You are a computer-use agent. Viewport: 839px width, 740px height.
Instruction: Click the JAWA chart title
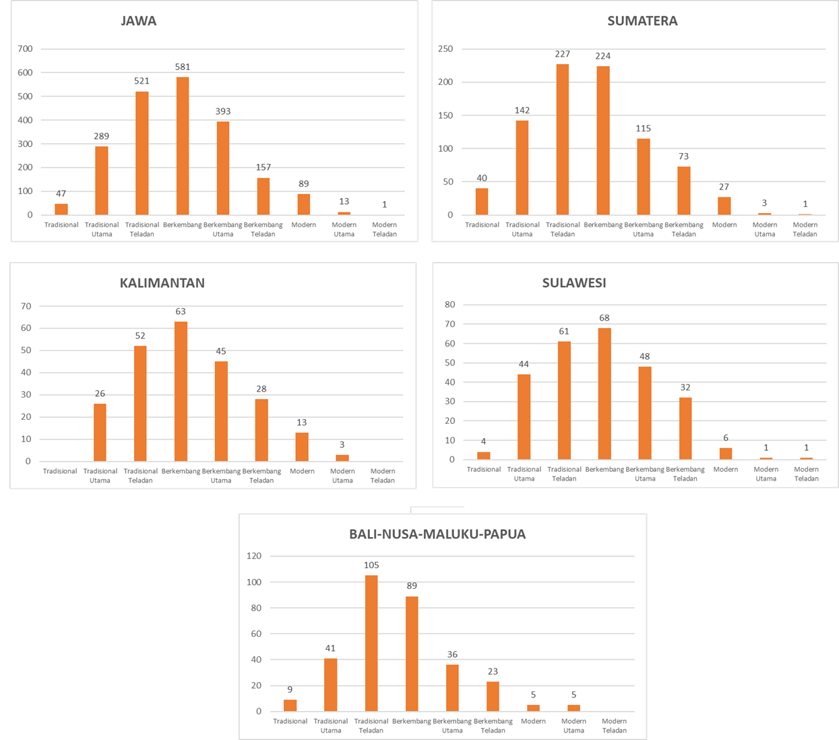(x=138, y=21)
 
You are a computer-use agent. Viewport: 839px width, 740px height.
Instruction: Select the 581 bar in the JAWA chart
(x=183, y=146)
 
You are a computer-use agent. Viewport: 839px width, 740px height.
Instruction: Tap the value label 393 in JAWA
(x=223, y=111)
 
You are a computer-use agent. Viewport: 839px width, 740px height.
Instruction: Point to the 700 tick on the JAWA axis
(x=26, y=49)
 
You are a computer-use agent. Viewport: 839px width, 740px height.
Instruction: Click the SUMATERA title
(x=642, y=21)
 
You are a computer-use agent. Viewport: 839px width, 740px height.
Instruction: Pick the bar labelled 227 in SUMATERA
(x=563, y=140)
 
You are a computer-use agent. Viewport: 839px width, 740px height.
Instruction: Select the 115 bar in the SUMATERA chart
(x=644, y=177)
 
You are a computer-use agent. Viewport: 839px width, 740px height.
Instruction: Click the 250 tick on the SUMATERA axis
(x=445, y=49)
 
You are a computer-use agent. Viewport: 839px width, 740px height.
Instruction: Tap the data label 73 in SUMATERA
(x=684, y=156)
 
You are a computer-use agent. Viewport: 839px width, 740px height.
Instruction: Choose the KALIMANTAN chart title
(x=162, y=283)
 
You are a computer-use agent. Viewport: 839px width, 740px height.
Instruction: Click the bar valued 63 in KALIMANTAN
(x=181, y=392)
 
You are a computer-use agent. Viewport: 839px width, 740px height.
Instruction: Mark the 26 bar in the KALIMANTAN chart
(x=100, y=432)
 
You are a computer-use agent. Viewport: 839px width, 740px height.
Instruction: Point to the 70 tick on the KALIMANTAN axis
(x=26, y=306)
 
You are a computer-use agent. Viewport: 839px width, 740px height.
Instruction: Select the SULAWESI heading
(x=574, y=283)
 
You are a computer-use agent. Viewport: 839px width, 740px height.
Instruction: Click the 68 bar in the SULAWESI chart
(x=604, y=394)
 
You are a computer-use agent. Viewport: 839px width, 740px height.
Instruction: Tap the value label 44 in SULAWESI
(x=524, y=364)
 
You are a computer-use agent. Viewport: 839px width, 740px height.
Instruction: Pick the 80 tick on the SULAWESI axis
(x=449, y=305)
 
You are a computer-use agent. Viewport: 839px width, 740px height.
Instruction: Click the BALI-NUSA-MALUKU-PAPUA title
(x=437, y=534)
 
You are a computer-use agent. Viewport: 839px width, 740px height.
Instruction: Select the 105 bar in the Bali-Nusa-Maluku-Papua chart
(x=371, y=643)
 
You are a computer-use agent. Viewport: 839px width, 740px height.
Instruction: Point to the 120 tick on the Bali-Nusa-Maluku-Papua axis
(x=254, y=556)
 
